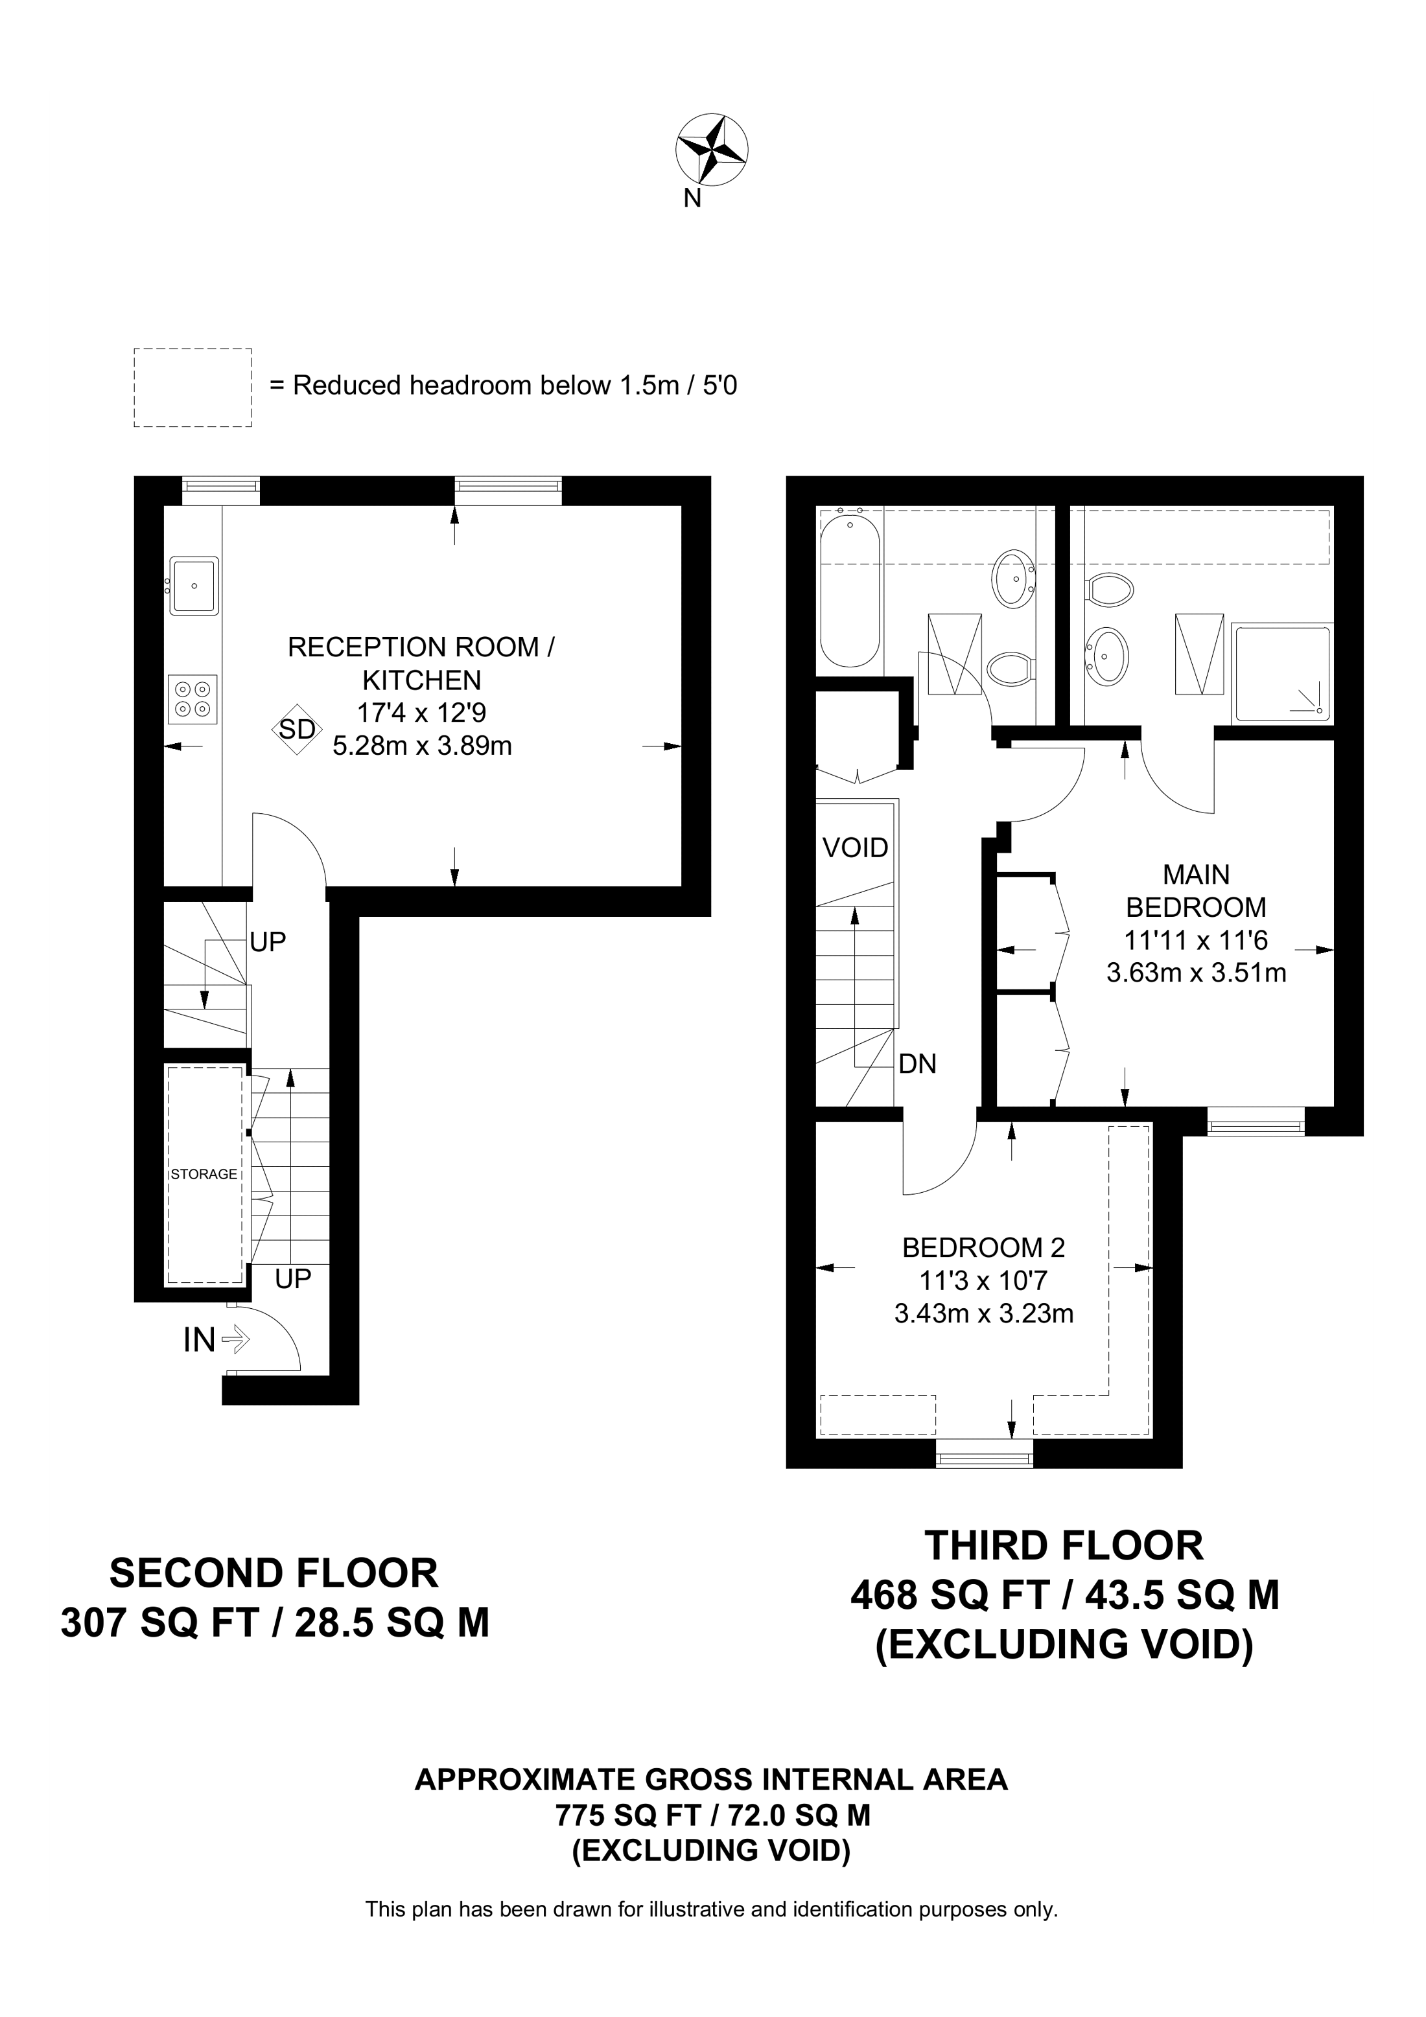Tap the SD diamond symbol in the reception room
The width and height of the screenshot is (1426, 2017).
tap(297, 729)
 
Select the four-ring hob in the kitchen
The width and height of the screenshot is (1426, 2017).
tap(193, 699)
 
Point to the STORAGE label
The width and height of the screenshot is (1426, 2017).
tap(204, 1173)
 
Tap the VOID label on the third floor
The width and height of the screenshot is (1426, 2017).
tap(855, 847)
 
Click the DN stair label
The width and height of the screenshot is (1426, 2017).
tap(917, 1064)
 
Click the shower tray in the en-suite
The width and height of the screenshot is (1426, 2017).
tap(1282, 674)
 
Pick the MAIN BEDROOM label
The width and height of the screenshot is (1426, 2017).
tap(1197, 891)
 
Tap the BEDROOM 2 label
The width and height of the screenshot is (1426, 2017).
tap(983, 1247)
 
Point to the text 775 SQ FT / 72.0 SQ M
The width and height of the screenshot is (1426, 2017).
tap(712, 1815)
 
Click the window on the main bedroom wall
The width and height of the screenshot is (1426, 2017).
tap(1256, 1122)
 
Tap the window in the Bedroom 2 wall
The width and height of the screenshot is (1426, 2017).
tap(984, 1452)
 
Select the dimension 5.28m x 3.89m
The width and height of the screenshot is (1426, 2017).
tap(422, 746)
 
